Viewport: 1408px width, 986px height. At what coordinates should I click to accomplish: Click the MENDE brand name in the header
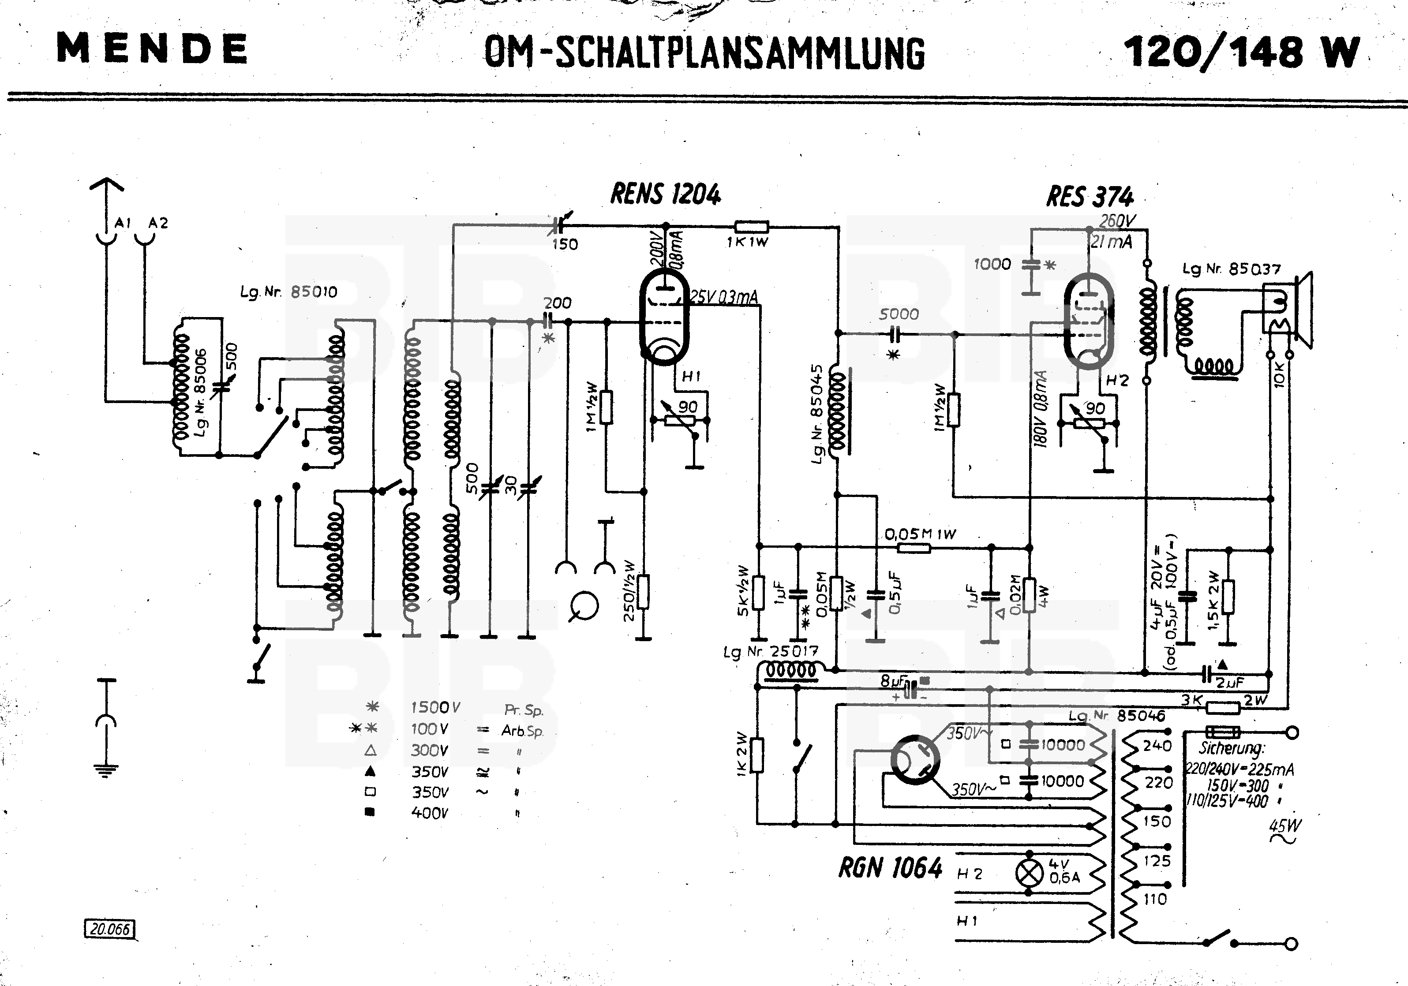152,49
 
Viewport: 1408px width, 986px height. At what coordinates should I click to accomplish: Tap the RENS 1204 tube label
665,194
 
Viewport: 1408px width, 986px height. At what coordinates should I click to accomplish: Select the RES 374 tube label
1090,197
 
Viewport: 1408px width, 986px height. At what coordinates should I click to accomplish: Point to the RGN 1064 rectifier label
890,868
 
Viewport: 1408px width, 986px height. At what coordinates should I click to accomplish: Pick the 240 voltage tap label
1157,746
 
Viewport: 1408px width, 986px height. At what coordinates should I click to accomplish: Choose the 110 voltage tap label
1155,900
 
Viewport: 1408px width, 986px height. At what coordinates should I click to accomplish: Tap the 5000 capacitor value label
899,314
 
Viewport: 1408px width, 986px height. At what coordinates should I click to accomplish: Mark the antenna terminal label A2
158,223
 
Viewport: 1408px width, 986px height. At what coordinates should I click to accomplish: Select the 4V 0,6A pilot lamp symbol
1030,873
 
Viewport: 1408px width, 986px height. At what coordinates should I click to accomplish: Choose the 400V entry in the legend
429,813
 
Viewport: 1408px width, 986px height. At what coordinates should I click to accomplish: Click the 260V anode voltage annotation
1117,221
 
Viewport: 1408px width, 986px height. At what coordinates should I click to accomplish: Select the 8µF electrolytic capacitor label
893,681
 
